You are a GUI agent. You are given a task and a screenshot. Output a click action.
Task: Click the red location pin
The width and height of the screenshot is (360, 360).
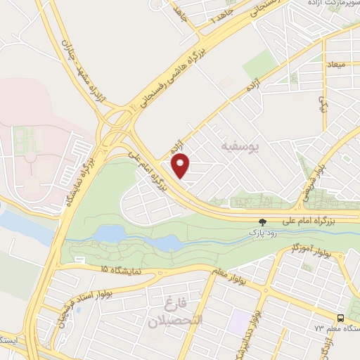click(x=181, y=166)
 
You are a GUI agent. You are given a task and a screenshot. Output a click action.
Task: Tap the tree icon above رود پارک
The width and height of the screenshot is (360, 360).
click(x=264, y=221)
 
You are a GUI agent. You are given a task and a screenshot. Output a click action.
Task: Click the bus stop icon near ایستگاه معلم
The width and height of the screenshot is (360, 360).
click(x=340, y=317)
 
